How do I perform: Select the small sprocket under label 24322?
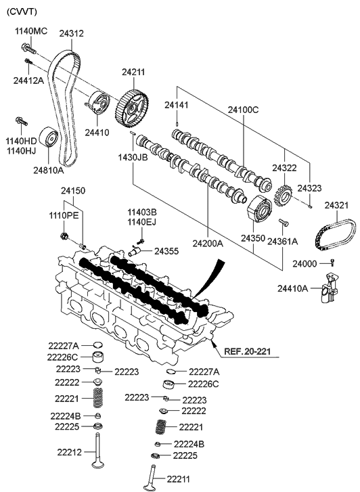[284, 196]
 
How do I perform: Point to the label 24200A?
[208, 239]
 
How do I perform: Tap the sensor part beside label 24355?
[135, 252]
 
